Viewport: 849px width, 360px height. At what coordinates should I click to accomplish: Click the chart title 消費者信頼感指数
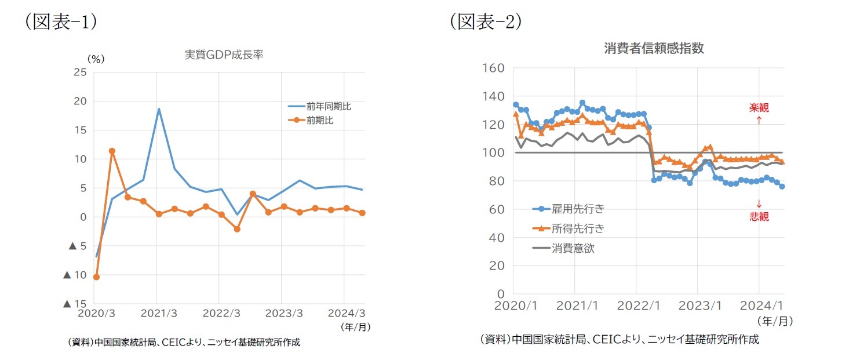click(654, 49)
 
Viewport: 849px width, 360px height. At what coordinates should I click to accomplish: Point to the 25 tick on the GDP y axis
click(80, 72)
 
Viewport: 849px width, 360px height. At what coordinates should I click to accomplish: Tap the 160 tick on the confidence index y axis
click(493, 68)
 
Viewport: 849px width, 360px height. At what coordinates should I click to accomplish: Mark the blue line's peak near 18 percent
click(158, 109)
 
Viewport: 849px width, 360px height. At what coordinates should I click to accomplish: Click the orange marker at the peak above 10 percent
click(112, 151)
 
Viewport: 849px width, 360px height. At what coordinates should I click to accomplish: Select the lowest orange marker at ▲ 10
click(96, 277)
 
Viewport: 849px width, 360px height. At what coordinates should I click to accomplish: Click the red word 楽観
click(759, 108)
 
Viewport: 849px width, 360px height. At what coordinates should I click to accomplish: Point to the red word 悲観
click(759, 217)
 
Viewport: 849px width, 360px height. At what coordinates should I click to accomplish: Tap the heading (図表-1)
click(60, 21)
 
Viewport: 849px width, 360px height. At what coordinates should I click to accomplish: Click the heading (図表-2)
click(486, 21)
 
